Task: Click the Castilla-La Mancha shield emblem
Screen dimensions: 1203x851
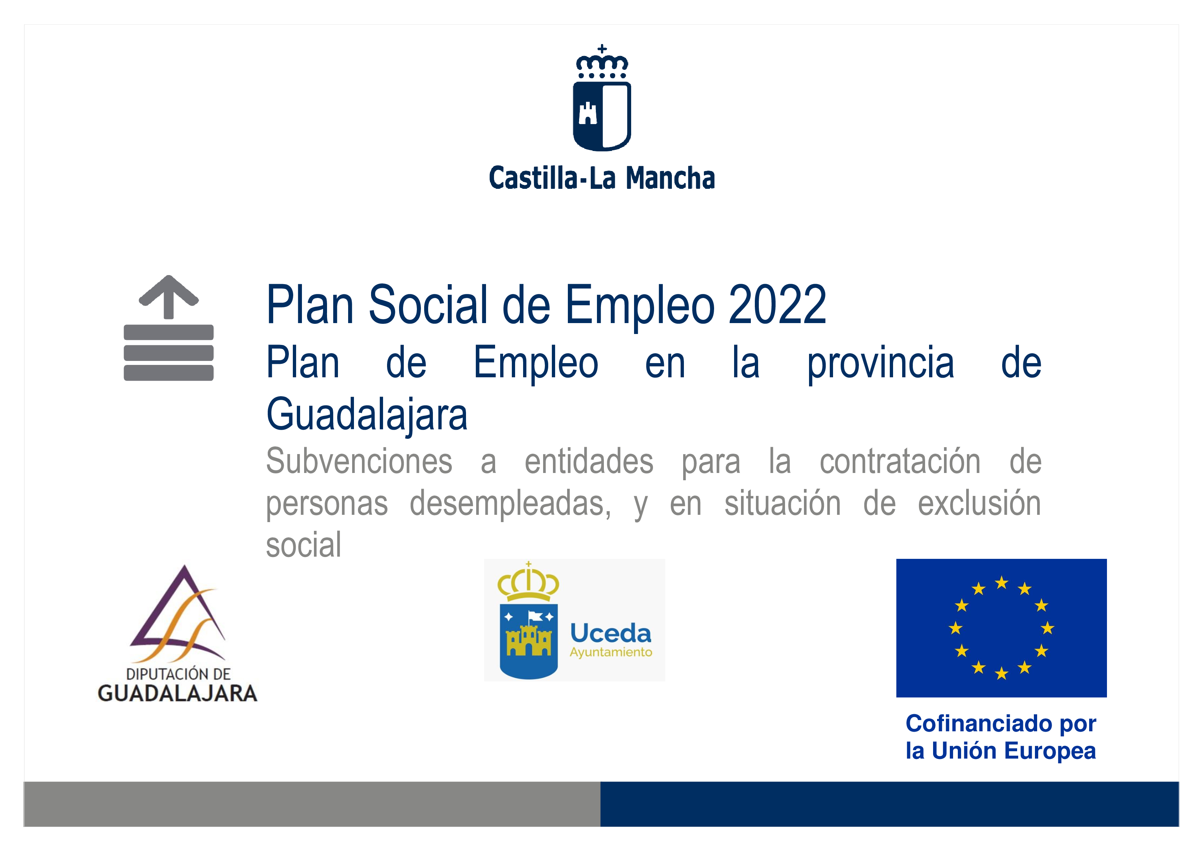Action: (602, 99)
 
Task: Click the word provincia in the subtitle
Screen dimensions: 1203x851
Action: (880, 363)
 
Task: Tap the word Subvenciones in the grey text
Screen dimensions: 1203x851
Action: (359, 462)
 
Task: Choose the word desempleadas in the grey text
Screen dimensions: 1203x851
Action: (510, 504)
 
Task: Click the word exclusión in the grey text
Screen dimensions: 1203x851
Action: (979, 504)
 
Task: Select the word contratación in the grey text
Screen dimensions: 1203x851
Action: (900, 462)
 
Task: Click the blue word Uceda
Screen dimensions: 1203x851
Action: (611, 633)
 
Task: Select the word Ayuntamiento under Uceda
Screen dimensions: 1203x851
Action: (611, 652)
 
